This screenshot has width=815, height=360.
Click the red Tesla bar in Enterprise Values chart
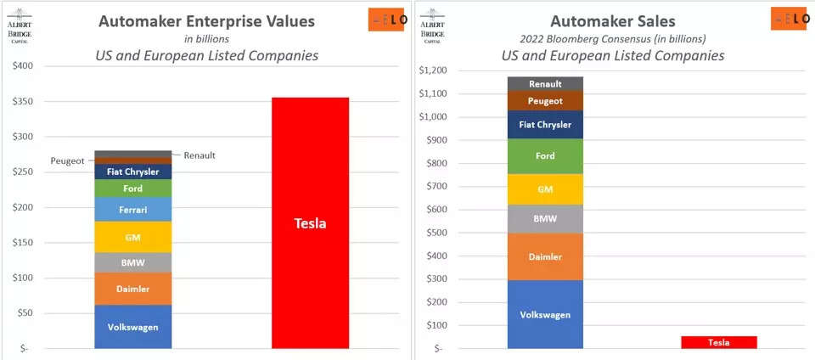click(x=310, y=222)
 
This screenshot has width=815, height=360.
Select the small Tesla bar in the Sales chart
click(x=718, y=342)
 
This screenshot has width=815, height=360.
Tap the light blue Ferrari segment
click(x=132, y=209)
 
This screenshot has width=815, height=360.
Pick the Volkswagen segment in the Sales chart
click(x=544, y=313)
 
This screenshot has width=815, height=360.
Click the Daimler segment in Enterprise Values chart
click(x=132, y=289)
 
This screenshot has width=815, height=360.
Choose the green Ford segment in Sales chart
click(x=544, y=156)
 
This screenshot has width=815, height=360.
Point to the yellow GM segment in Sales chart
click(x=544, y=189)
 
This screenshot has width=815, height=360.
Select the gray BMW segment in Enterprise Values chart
click(x=132, y=262)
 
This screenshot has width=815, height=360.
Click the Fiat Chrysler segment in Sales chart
click(x=544, y=125)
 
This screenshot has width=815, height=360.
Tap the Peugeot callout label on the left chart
click(x=67, y=160)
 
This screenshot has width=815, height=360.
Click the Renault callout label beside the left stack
click(x=200, y=155)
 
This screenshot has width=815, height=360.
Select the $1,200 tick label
click(x=436, y=70)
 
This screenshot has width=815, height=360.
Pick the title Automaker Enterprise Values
click(x=206, y=21)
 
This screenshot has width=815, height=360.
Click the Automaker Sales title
click(x=613, y=21)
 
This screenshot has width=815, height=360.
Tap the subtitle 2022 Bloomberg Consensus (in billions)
click(x=613, y=38)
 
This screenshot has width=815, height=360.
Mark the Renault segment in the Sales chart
click(x=544, y=84)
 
